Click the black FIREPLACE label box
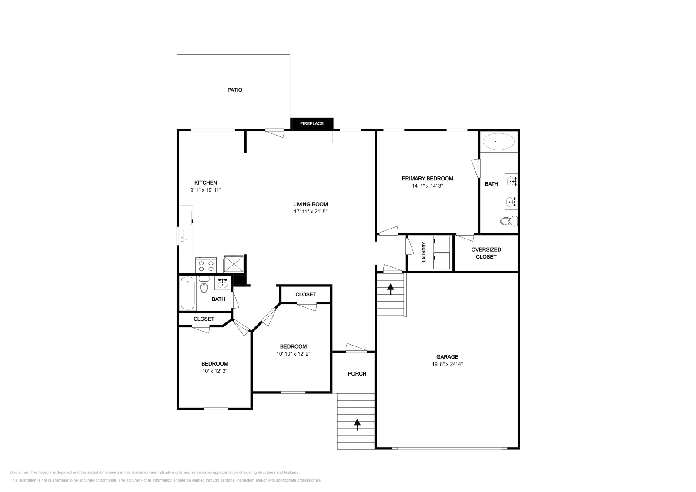pos(311,123)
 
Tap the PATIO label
pos(235,90)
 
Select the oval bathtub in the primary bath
pos(499,142)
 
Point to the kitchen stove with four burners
pos(207,264)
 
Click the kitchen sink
pos(186,235)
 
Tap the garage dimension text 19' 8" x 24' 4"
pos(444,365)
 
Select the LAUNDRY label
pos(424,252)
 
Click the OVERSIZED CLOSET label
pos(486,253)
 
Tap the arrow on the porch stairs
pos(357,424)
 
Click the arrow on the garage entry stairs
pos(390,289)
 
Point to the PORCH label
pos(357,374)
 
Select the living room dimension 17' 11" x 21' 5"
pos(310,212)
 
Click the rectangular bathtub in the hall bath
pos(187,293)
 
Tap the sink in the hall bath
pos(222,283)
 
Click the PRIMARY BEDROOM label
pos(427,179)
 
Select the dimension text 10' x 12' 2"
pos(215,371)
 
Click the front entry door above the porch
pos(356,348)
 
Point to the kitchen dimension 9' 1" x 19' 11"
pos(206,190)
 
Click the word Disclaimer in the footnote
pos(19,472)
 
